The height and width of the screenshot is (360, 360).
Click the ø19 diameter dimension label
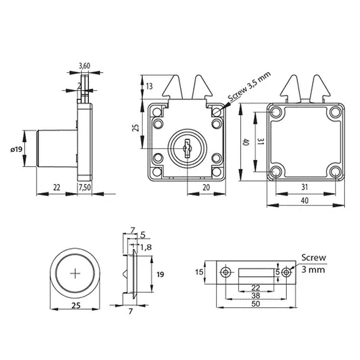pos(16,149)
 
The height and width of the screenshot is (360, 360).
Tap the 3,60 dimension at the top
pos(84,66)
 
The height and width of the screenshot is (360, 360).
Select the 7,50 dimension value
pos(84,187)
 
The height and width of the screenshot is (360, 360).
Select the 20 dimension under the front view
pos(206,188)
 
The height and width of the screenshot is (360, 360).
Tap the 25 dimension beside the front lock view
pos(136,128)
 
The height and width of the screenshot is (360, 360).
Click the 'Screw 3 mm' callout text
pos(314,264)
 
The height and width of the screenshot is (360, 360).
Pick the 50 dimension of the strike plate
pos(256,304)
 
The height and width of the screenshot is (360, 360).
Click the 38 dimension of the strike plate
pos(256,295)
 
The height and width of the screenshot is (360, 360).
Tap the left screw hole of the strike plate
pos(226,272)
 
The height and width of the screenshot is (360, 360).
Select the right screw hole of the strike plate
pos(286,272)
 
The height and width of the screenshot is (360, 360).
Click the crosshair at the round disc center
pos(75,274)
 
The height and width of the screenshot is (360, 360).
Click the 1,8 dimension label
pos(146,247)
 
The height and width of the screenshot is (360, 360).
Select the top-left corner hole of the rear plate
pos(276,112)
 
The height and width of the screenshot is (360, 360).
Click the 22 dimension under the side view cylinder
pos(56,187)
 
